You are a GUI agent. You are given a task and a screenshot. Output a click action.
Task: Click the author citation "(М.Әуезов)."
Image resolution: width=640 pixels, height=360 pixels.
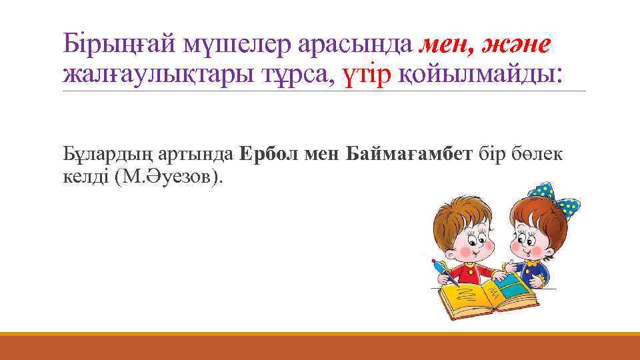[x=180, y=177]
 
